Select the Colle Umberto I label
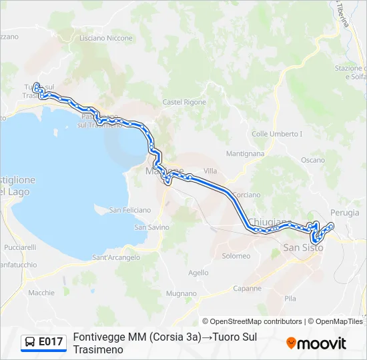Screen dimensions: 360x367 click(x=277, y=134)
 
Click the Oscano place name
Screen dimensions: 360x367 click(x=313, y=160)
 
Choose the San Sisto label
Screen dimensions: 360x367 click(x=303, y=247)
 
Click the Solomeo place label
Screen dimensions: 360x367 click(x=236, y=256)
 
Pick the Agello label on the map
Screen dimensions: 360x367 click(x=198, y=272)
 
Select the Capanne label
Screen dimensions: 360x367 click(x=248, y=289)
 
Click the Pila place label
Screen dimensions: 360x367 click(x=290, y=299)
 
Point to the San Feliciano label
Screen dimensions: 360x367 click(x=130, y=210)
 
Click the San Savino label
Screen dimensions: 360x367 click(x=150, y=227)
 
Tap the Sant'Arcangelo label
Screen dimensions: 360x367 click(x=116, y=257)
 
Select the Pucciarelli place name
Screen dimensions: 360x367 click(x=20, y=247)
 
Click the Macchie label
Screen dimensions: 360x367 click(x=41, y=293)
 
